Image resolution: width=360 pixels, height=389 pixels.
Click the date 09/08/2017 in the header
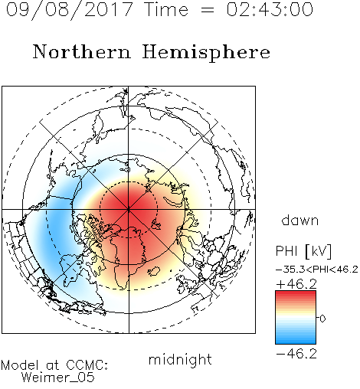(x=69, y=10)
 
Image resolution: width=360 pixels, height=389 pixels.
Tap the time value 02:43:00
(x=270, y=9)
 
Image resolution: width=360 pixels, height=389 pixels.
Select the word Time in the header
(x=166, y=9)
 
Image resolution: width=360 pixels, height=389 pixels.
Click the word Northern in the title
(x=82, y=51)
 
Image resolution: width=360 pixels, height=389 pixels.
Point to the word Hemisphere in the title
(x=206, y=52)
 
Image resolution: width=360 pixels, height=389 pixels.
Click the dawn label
(x=300, y=220)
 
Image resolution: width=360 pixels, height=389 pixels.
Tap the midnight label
(x=180, y=360)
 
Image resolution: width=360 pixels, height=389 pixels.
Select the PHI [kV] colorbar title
(x=303, y=251)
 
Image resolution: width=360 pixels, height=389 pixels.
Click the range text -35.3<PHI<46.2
(x=317, y=270)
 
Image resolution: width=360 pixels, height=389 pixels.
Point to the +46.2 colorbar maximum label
(x=296, y=284)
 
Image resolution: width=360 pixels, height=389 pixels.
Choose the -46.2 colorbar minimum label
(x=296, y=354)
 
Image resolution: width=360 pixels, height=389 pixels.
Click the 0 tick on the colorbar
(x=322, y=319)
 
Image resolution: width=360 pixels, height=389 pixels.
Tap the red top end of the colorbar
(x=296, y=293)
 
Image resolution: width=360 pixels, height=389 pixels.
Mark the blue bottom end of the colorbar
(x=296, y=342)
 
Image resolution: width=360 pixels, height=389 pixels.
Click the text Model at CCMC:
(x=54, y=365)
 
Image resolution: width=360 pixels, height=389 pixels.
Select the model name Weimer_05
(x=58, y=378)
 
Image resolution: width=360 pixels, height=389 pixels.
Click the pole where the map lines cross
(x=129, y=209)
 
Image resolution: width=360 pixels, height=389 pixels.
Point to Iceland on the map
(x=154, y=271)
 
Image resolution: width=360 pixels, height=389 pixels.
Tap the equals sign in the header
(x=208, y=10)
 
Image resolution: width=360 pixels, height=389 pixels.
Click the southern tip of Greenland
(x=125, y=289)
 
